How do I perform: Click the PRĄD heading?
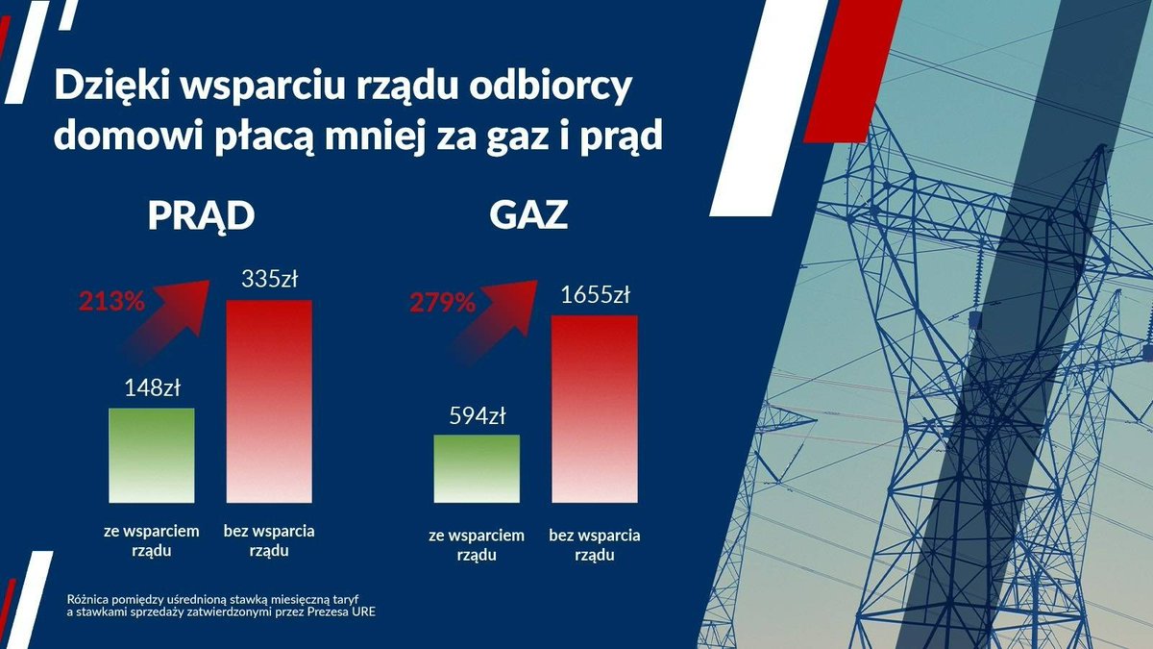[x=201, y=215]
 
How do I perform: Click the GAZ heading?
[x=528, y=215]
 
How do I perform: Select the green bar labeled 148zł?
[x=151, y=455]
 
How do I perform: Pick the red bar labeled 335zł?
[x=269, y=401]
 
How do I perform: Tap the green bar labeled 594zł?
[x=477, y=468]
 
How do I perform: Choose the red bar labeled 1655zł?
[x=594, y=409]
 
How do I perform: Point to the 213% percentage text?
[x=111, y=302]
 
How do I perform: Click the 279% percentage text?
[x=442, y=304]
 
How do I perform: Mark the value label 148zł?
[x=152, y=389]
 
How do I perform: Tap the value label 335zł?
[x=269, y=281]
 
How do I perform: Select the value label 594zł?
[x=478, y=416]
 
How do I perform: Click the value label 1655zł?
[x=594, y=295]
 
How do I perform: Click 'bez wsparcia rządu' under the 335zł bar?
[x=269, y=540]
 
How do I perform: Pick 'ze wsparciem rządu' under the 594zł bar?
[x=477, y=545]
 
